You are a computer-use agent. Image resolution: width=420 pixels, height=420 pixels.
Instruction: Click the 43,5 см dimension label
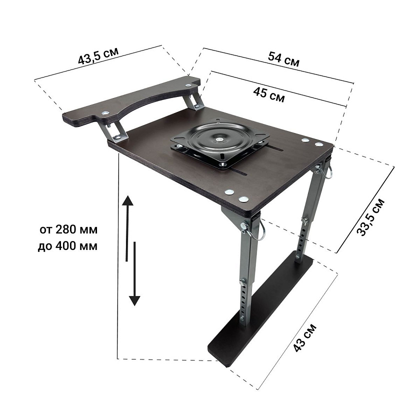coord(98,56)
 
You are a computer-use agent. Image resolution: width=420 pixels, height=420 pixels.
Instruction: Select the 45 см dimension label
coord(268,95)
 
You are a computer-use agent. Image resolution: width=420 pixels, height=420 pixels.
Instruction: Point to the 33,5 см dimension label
coord(370,217)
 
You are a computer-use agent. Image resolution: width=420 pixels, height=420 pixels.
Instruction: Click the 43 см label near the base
coord(305,338)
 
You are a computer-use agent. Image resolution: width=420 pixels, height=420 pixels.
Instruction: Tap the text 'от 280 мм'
coord(68,229)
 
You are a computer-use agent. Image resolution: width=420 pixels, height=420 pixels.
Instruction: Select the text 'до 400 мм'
coord(67,246)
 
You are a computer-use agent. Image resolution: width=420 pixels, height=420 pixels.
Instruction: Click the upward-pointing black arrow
coord(127,228)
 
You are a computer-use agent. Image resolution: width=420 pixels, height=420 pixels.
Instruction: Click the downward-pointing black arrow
coord(134,273)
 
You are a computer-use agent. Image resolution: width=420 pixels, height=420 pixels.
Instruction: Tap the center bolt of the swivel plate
coord(220,139)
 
